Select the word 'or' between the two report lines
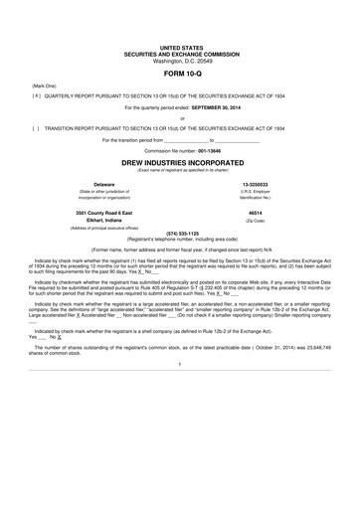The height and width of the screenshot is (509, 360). pyautogui.click(x=180, y=118)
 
